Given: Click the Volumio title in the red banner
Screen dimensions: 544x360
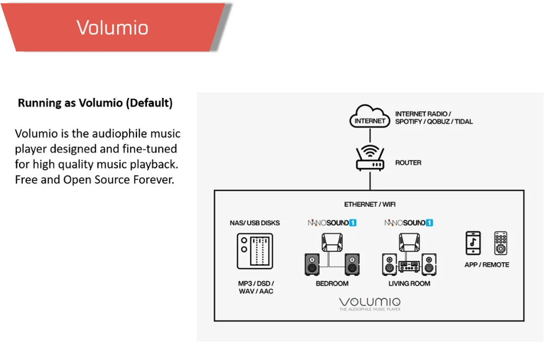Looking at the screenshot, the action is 112,27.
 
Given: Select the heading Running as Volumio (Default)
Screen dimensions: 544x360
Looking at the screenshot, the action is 95,103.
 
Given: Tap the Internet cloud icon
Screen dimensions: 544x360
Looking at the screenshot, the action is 369,118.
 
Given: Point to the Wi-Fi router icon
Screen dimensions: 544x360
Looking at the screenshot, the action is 369,158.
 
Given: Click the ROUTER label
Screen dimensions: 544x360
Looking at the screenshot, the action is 408,163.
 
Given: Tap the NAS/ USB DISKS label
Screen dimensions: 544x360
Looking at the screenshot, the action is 255,223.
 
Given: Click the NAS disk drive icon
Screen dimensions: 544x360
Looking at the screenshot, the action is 255,251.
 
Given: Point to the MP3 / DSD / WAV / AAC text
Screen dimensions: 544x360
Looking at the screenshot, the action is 256,287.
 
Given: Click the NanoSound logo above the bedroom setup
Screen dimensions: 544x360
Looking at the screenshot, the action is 332,222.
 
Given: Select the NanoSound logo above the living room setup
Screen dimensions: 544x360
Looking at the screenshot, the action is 409,222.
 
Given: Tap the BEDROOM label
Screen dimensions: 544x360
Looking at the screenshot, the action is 332,283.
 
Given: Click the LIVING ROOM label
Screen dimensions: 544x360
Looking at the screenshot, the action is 409,283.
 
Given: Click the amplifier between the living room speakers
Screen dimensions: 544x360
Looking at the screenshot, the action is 409,266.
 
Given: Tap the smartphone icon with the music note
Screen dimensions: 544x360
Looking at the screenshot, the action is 473,243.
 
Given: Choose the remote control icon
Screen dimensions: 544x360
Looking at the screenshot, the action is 500,243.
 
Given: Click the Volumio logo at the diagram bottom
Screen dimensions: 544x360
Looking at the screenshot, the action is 369,302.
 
